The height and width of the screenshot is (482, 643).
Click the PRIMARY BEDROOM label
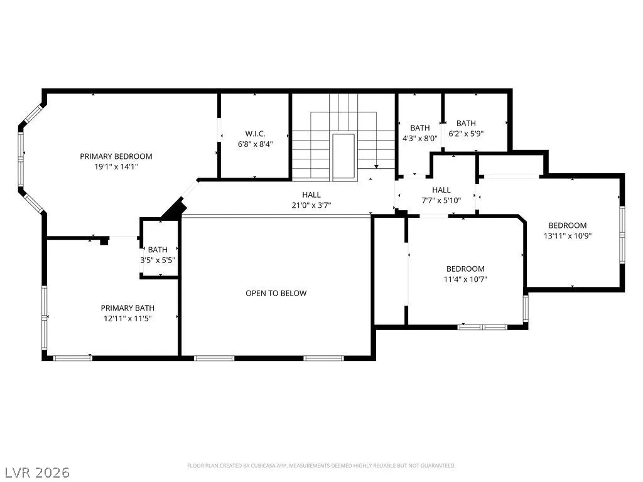[116, 156]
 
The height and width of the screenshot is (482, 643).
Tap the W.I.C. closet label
[255, 134]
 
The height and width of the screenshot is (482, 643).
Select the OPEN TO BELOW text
[276, 293]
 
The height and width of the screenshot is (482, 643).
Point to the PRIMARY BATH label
[127, 308]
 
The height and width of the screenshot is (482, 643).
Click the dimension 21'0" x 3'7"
[311, 205]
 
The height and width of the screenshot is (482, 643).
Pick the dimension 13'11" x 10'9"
[568, 236]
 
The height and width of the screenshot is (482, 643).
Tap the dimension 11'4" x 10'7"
[465, 279]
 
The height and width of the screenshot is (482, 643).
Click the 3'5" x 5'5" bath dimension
[158, 260]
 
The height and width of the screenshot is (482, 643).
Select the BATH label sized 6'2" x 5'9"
[467, 123]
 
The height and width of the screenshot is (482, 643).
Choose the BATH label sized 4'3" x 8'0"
[420, 128]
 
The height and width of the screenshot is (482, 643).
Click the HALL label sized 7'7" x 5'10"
[441, 190]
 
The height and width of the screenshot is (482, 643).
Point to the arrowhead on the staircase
[376, 166]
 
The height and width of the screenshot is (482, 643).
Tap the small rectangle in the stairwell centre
[343, 156]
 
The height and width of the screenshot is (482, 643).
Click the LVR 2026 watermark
[35, 472]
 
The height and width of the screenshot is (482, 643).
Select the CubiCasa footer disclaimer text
[321, 466]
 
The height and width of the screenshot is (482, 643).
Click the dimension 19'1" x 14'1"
[116, 166]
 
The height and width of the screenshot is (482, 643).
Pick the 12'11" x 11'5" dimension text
[127, 318]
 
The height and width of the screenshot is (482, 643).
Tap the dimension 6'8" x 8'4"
[255, 144]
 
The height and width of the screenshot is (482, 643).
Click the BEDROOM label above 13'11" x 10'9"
[568, 225]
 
